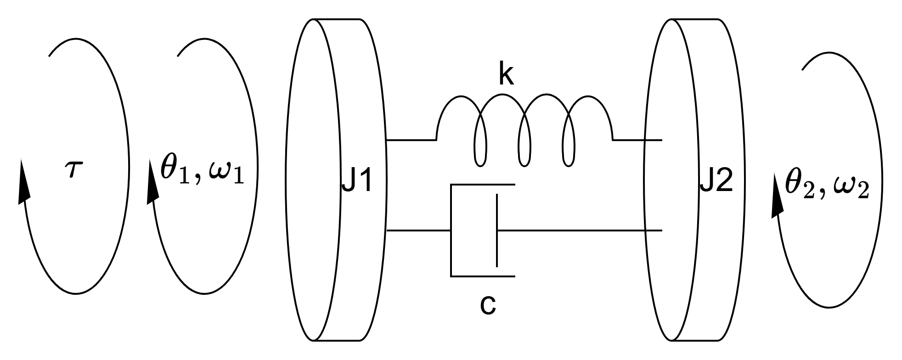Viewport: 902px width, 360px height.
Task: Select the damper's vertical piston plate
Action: click(x=496, y=230)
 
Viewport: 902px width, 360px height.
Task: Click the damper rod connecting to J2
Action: click(x=579, y=230)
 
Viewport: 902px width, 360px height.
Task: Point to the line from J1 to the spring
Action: click(x=411, y=140)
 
